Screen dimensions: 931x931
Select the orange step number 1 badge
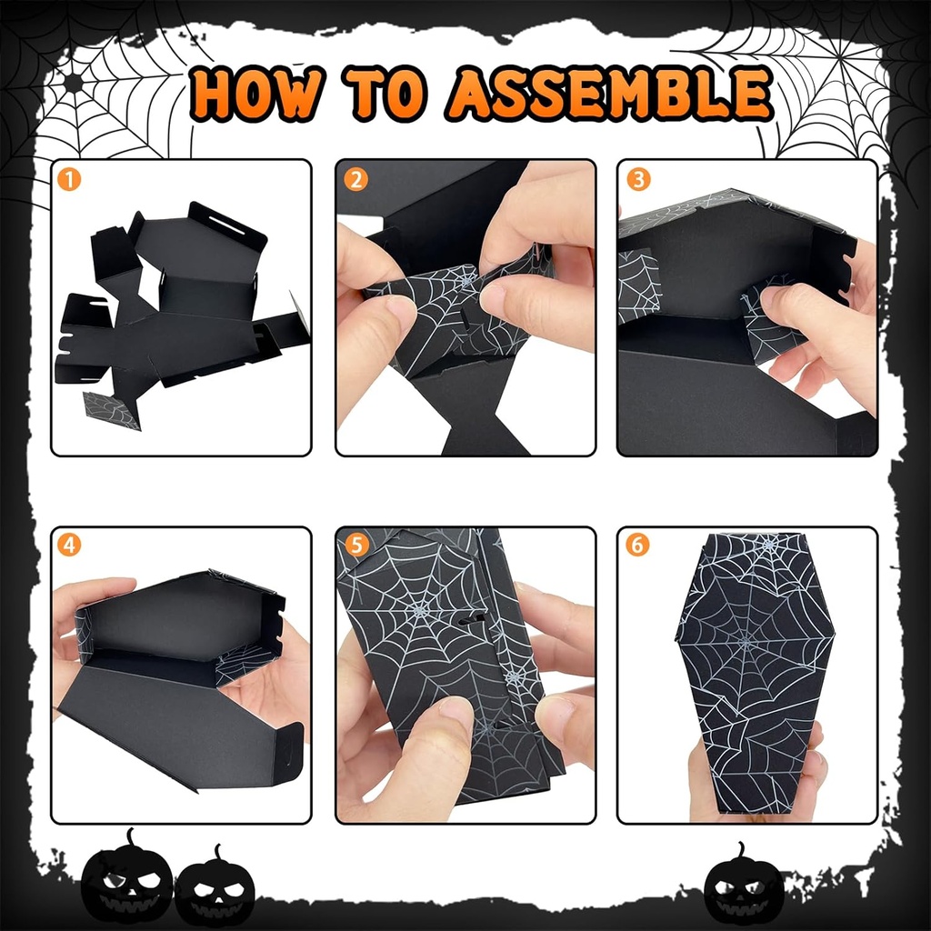click(x=70, y=179)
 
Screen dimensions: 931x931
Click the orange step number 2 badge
click(x=355, y=179)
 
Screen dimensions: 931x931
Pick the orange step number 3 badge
click(x=638, y=179)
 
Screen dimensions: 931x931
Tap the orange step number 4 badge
click(x=70, y=546)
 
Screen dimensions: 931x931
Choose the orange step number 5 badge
click(x=355, y=546)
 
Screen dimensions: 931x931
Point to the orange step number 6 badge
click(x=638, y=546)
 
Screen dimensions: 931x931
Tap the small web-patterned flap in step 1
click(x=112, y=410)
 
